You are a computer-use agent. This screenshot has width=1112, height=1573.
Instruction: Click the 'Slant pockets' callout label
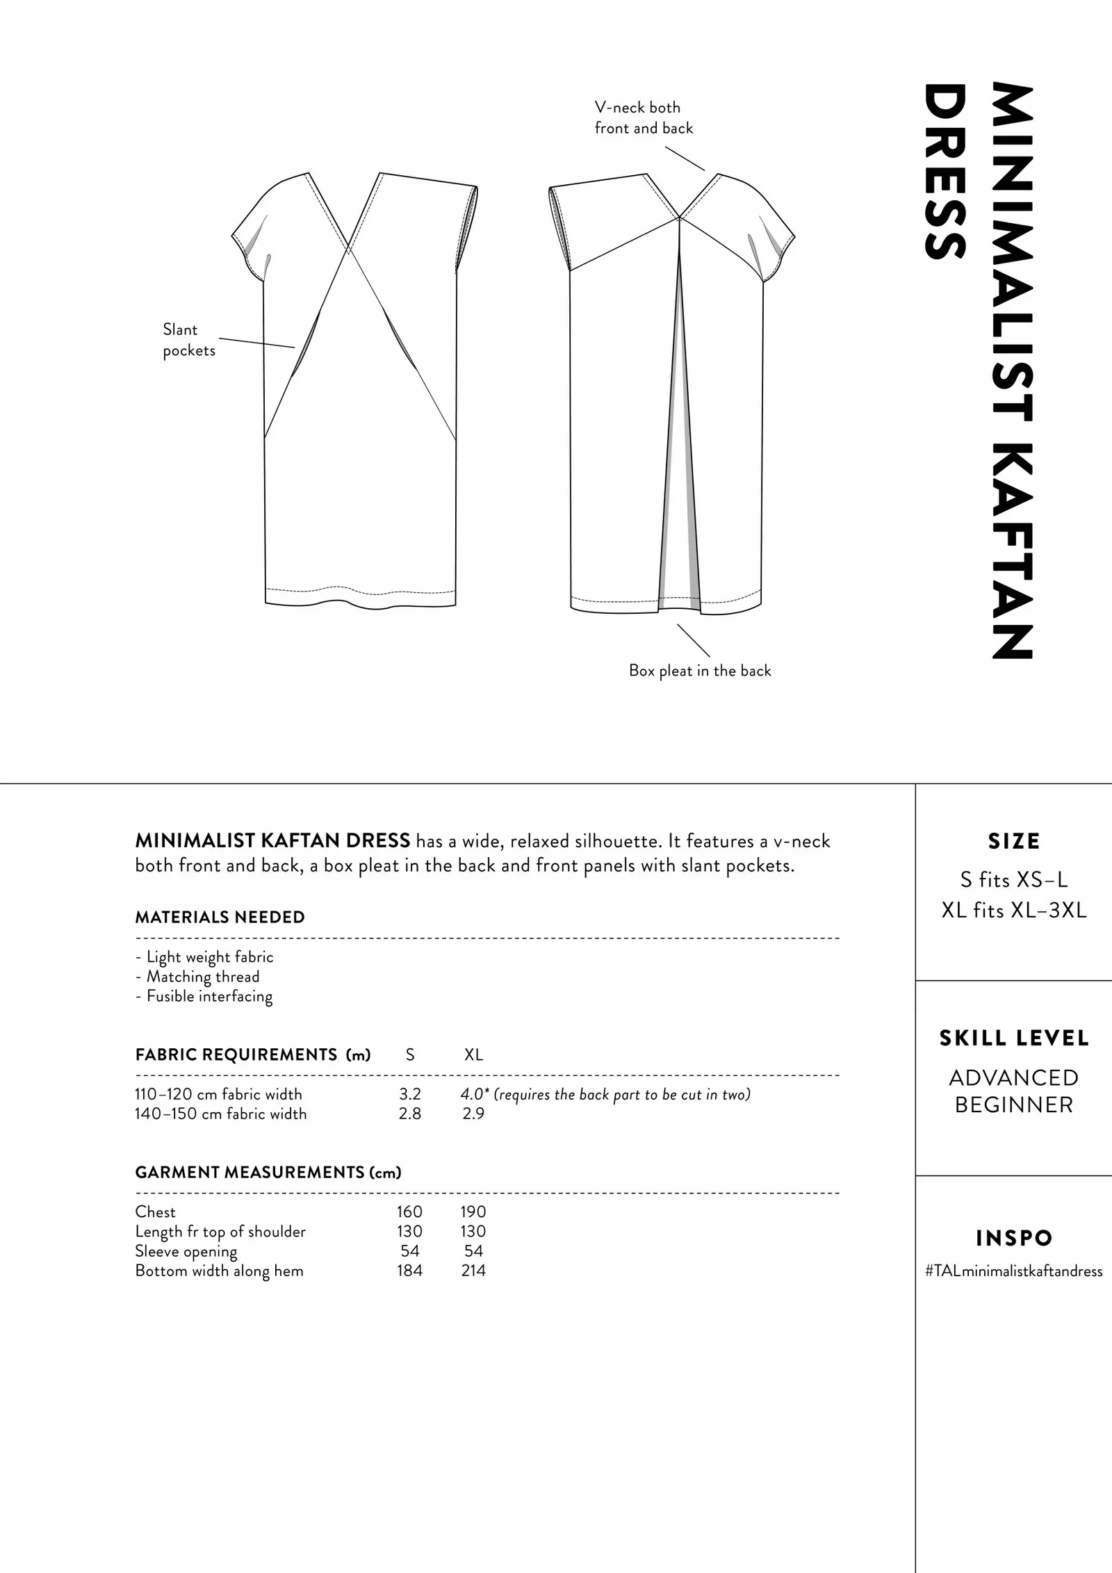(x=188, y=340)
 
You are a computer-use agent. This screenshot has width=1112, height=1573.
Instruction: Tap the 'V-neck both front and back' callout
(x=643, y=117)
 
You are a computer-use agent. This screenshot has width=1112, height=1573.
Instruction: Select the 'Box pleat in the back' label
(x=700, y=671)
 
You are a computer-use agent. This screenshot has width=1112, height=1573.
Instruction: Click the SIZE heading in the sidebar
(x=1014, y=841)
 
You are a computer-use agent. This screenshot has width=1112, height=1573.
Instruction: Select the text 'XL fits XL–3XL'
(x=1014, y=911)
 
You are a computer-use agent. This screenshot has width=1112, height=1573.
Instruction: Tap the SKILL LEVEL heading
(x=1014, y=1038)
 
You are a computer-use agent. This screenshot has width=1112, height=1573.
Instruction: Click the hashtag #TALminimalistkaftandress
(x=1014, y=1271)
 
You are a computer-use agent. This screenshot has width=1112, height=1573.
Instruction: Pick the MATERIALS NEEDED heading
(x=220, y=918)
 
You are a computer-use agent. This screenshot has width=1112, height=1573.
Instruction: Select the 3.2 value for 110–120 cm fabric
(x=410, y=1094)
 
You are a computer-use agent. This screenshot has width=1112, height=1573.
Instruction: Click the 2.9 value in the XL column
(x=473, y=1114)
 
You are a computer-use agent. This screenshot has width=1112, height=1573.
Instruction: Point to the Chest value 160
(x=409, y=1212)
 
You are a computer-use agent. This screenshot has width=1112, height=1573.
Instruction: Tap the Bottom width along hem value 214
(x=473, y=1271)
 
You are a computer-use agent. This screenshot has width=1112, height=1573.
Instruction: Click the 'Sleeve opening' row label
(x=186, y=1251)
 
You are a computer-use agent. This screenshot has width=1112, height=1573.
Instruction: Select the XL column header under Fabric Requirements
(x=473, y=1054)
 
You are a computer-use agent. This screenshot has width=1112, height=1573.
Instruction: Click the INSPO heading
(x=1014, y=1238)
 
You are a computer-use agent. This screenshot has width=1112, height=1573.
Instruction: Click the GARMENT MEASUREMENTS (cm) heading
(x=268, y=1173)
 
